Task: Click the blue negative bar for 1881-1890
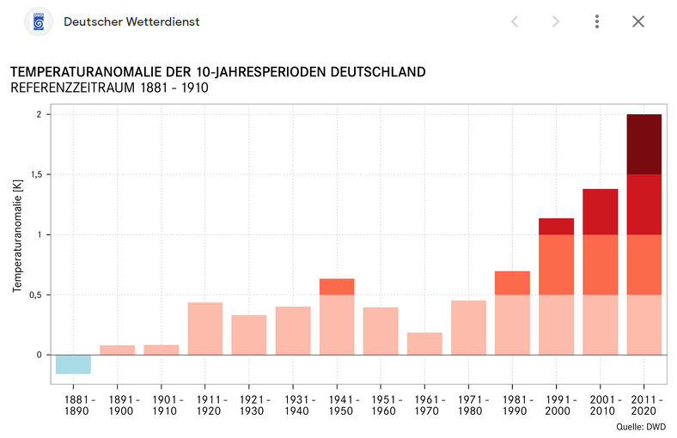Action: [x=73, y=364]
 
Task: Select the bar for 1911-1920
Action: [x=204, y=328]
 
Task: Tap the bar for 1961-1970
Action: [x=424, y=344]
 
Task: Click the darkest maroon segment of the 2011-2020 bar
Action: [x=643, y=144]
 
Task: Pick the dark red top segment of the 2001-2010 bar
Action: [x=600, y=211]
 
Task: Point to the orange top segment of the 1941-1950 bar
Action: [x=336, y=287]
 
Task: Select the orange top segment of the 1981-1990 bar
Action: [x=512, y=283]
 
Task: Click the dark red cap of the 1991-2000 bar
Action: [x=556, y=227]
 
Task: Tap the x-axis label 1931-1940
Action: [x=292, y=405]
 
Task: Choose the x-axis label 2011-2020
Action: [x=643, y=405]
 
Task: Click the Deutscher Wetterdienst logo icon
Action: [x=39, y=21]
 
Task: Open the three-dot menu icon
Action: [x=597, y=21]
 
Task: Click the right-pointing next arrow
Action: [x=556, y=21]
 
